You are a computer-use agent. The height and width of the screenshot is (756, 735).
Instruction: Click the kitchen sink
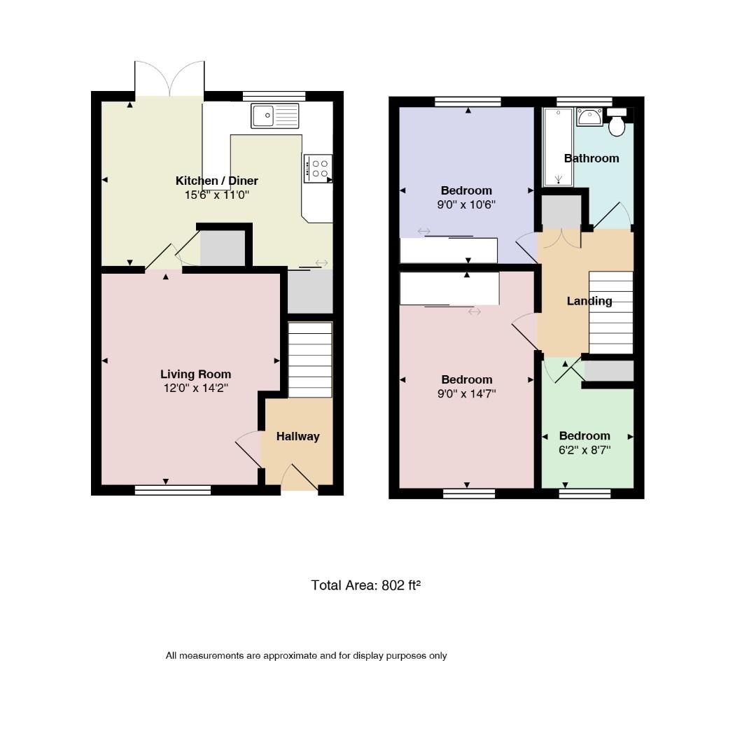click(x=274, y=115)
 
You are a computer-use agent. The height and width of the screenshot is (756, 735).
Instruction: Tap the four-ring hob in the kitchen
click(x=318, y=168)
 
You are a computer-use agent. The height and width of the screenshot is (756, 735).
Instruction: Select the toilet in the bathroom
click(x=617, y=122)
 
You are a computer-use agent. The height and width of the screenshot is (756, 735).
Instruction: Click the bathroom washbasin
click(x=589, y=117)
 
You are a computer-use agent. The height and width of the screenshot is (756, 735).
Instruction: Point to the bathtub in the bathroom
click(x=559, y=147)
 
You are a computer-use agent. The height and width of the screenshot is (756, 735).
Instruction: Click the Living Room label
click(x=196, y=374)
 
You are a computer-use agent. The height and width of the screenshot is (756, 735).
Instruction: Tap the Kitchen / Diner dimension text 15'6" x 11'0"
click(x=216, y=195)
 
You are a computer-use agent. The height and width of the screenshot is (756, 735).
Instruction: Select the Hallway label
click(x=298, y=436)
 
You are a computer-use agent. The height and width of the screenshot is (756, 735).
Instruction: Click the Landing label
click(x=589, y=301)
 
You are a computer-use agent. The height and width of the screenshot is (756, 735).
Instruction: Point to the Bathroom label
click(x=591, y=158)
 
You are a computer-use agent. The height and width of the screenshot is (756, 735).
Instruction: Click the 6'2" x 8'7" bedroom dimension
click(x=584, y=450)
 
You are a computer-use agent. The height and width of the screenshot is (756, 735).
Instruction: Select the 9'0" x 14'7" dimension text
click(x=466, y=394)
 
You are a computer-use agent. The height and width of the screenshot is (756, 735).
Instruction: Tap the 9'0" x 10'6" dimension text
click(x=466, y=204)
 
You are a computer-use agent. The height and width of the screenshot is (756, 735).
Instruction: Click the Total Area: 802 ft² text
click(x=366, y=585)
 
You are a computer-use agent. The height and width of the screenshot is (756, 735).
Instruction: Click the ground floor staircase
click(x=310, y=360)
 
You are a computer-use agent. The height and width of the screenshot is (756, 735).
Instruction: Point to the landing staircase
click(x=611, y=312)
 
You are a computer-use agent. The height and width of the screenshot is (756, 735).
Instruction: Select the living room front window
click(x=173, y=490)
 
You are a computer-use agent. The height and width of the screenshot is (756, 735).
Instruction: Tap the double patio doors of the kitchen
click(x=169, y=78)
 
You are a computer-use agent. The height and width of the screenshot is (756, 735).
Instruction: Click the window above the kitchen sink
click(x=274, y=97)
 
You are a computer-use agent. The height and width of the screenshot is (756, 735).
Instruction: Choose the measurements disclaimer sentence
click(x=307, y=656)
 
